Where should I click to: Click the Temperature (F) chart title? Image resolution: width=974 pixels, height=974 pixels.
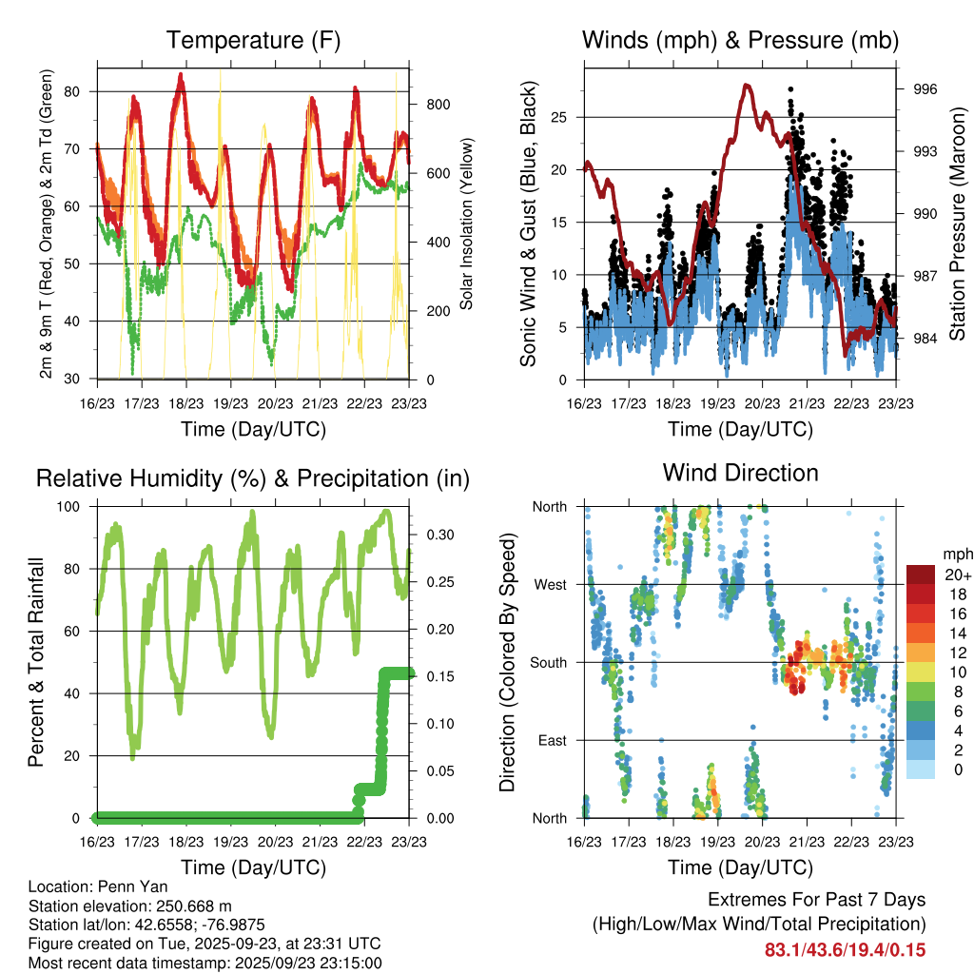click(x=253, y=40)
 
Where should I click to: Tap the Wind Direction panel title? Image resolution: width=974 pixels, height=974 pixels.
click(x=740, y=472)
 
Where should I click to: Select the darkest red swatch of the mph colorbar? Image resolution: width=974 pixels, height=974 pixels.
click(x=923, y=575)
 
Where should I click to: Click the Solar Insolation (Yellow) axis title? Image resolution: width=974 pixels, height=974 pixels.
click(x=467, y=224)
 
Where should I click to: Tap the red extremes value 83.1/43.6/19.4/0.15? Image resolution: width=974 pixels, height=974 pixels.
click(x=845, y=949)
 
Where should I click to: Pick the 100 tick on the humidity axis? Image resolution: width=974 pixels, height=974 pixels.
click(x=75, y=507)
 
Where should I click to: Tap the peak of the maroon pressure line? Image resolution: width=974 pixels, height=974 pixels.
click(x=748, y=85)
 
